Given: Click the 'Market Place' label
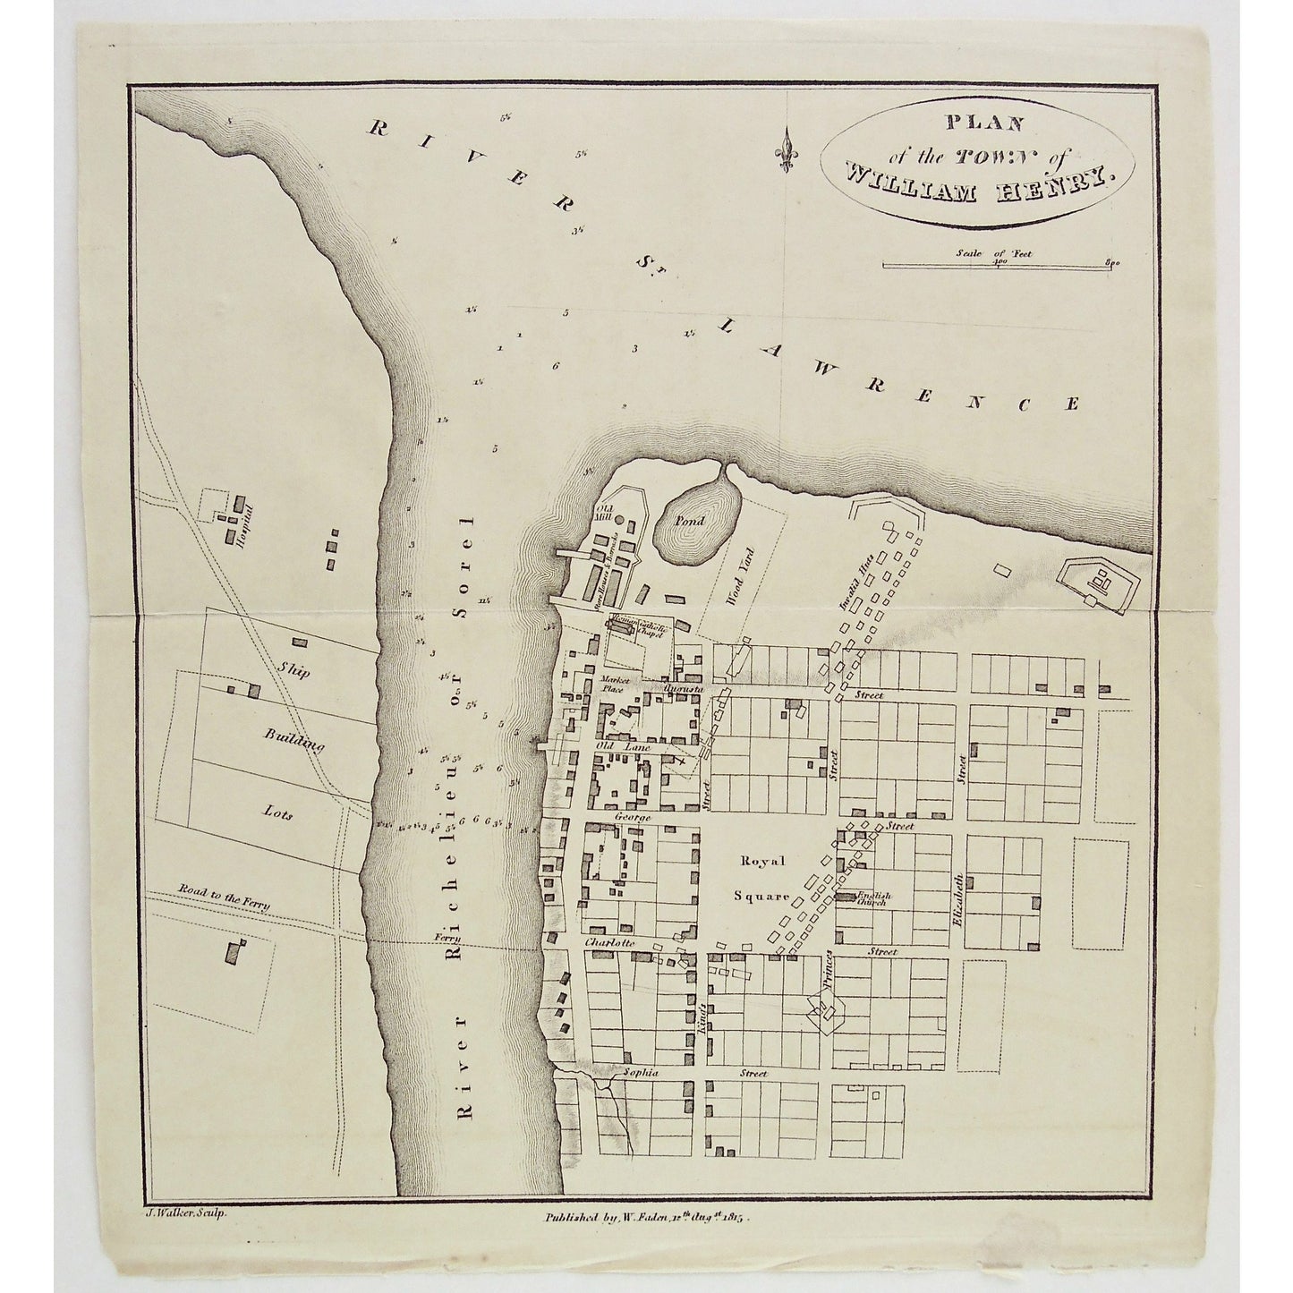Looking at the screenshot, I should [617, 685].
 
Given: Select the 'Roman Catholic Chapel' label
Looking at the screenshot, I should [636, 629].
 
